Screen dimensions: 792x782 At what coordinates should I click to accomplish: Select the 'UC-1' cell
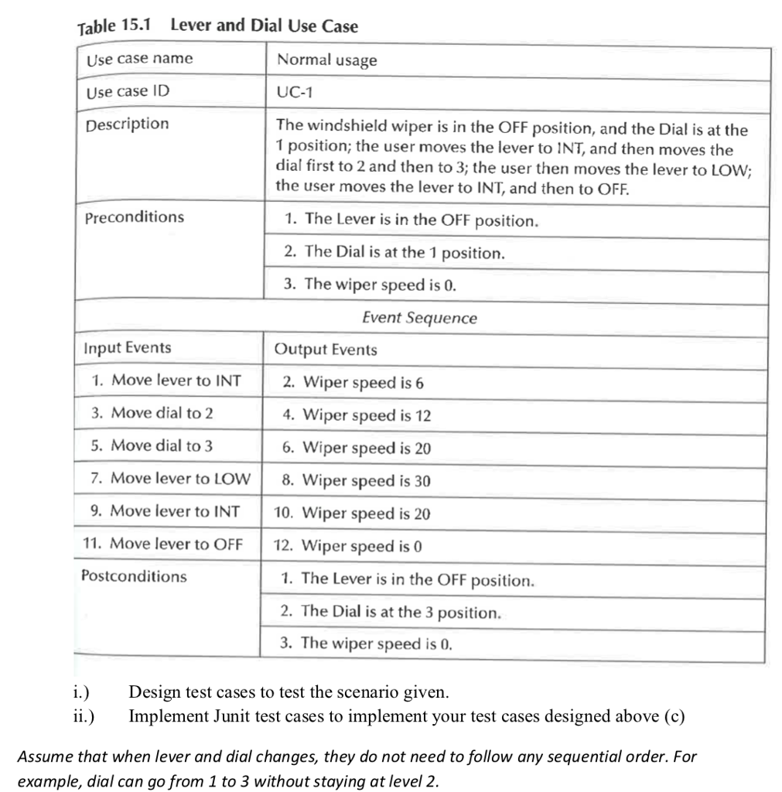tap(293, 91)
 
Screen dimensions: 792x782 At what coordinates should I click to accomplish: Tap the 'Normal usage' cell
tap(326, 60)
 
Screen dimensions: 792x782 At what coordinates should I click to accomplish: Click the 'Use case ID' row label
tap(127, 91)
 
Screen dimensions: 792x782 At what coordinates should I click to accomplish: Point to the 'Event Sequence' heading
tap(419, 318)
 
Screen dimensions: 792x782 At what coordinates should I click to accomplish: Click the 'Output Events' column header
tap(326, 349)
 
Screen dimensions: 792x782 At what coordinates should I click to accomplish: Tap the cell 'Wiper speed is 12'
tap(357, 415)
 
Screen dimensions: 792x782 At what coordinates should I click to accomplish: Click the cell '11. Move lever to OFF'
tap(162, 543)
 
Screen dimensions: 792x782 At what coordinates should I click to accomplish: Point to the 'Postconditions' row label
tap(134, 575)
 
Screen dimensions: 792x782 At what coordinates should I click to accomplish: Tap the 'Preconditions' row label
tap(135, 217)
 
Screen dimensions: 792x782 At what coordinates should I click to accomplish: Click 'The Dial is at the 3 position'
tap(391, 612)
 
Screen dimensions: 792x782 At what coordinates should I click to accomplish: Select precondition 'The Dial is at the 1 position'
tap(394, 252)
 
